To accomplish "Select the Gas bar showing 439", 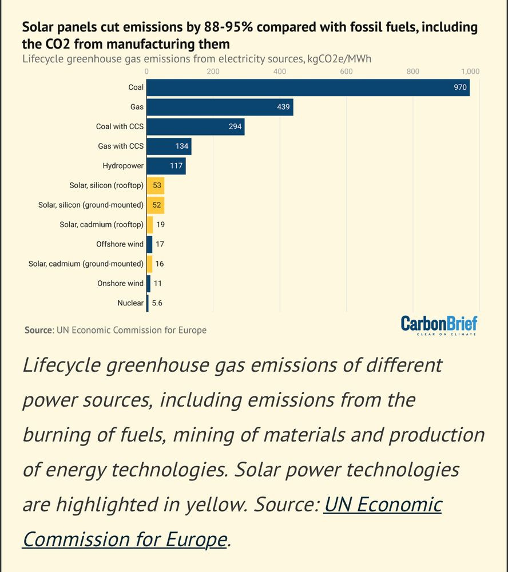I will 220,107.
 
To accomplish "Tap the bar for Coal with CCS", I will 196,126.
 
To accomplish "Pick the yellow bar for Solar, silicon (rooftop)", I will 156,185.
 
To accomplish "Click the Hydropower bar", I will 166,166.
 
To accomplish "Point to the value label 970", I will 460,88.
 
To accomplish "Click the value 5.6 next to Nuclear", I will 157,303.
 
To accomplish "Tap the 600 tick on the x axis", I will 346,71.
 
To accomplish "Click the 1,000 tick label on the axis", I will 470,71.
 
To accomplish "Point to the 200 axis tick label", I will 213,71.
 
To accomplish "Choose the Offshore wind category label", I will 120,244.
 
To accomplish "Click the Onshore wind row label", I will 121,283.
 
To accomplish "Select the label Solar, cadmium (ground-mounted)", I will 86,264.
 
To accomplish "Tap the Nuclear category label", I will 130,303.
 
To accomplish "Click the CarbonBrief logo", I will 439,325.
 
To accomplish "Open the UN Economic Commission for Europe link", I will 232,522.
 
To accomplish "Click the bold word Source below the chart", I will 38,330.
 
